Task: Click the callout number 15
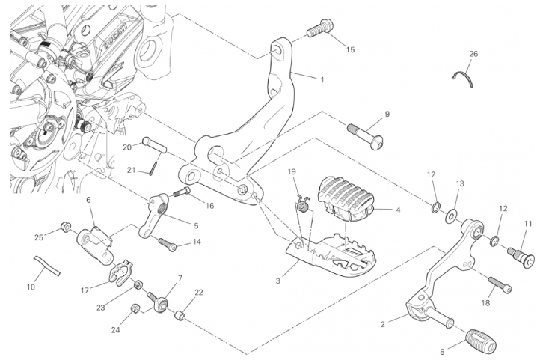(x=350, y=49)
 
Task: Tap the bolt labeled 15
(x=318, y=28)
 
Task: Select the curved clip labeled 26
(x=464, y=76)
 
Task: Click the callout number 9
(x=387, y=115)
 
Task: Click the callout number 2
(x=383, y=324)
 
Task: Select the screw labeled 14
(x=168, y=245)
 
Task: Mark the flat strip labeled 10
(x=46, y=265)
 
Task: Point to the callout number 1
(x=322, y=79)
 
